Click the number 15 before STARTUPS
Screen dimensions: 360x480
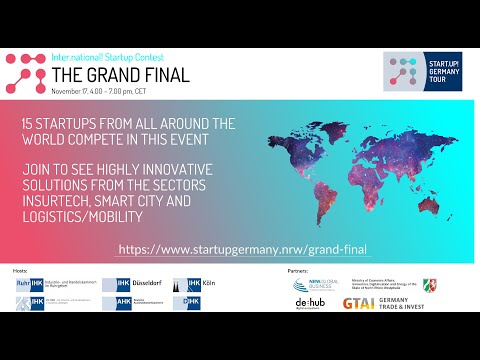28,122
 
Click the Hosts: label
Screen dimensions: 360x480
19,270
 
